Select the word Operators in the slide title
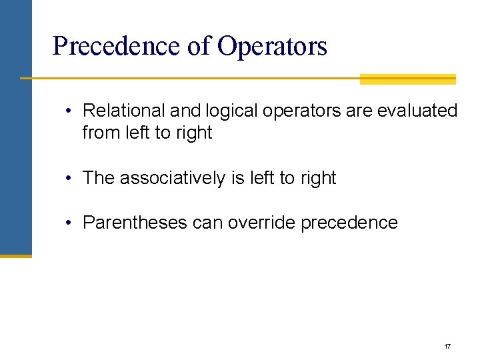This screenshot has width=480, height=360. [272, 47]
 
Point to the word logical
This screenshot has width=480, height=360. [226, 111]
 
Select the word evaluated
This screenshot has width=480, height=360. [417, 111]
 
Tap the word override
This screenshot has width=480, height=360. [262, 223]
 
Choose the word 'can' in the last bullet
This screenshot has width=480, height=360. [207, 223]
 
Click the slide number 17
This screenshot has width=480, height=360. [447, 347]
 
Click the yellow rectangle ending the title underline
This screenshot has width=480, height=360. [407, 79]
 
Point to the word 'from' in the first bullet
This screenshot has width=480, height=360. [101, 133]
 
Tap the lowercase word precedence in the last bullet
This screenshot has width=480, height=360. [349, 223]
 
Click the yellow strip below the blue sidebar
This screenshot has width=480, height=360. [15, 255]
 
